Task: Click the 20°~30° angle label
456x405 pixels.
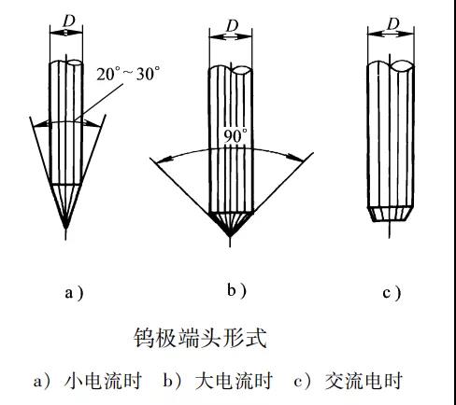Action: click(x=128, y=74)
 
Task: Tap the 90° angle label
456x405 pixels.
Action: click(x=235, y=136)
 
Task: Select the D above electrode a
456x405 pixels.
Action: click(x=69, y=21)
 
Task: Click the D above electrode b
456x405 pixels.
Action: click(x=233, y=26)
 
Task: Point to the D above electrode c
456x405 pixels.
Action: click(x=393, y=23)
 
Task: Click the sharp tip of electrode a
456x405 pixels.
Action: click(x=65, y=228)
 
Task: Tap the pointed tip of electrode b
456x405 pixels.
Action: click(x=230, y=236)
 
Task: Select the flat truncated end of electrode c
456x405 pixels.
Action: click(x=391, y=220)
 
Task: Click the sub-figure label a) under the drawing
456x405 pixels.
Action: click(x=74, y=293)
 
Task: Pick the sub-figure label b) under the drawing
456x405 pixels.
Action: click(x=236, y=291)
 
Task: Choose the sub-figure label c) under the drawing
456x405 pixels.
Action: click(x=392, y=293)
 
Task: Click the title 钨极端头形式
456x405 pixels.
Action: click(x=200, y=338)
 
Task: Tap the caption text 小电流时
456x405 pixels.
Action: click(x=103, y=380)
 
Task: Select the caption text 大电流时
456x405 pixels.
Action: click(x=234, y=380)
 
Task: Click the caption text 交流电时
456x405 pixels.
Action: click(x=363, y=380)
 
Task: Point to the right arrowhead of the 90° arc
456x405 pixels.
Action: click(x=298, y=159)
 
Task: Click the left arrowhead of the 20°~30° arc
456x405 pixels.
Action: click(x=38, y=125)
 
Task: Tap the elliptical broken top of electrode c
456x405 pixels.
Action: click(x=403, y=65)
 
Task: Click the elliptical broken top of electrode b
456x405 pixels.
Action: click(x=242, y=70)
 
